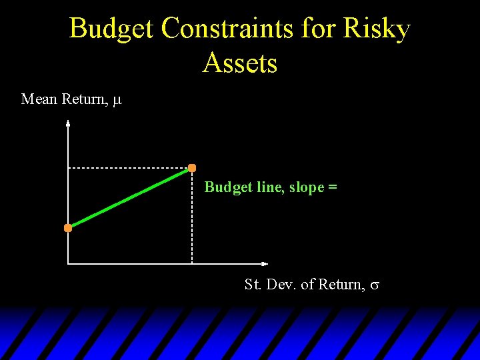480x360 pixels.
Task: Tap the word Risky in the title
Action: [x=377, y=29]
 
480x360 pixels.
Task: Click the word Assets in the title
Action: [x=240, y=63]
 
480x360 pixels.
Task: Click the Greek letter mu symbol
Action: [x=117, y=101]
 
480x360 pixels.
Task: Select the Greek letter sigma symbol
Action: [x=375, y=285]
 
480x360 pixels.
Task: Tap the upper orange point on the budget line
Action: [x=192, y=167]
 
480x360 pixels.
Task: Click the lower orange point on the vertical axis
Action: [x=68, y=228]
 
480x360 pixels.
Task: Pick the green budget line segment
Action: [x=130, y=198]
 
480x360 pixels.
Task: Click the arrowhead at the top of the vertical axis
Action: [x=68, y=123]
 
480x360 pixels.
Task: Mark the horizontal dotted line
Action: [x=130, y=168]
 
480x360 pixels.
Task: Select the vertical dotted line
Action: [x=192, y=220]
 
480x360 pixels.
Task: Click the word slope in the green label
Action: [x=307, y=187]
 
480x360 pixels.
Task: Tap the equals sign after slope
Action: [x=333, y=188]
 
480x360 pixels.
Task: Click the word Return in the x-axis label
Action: [x=341, y=285]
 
